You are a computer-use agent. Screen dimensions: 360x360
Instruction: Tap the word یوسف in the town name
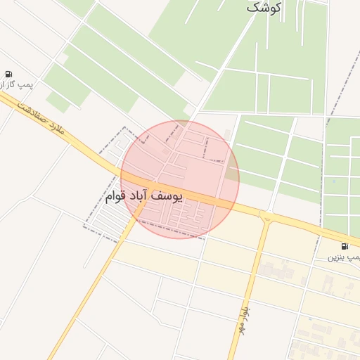[x=169, y=195]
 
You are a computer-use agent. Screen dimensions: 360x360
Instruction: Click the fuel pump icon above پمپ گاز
[x=8, y=74]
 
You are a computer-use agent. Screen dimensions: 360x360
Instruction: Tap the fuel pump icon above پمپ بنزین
[x=345, y=246]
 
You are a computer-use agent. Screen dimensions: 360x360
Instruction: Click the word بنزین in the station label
[x=337, y=257]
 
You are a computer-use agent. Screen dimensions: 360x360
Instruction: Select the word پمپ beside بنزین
[x=354, y=257]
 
